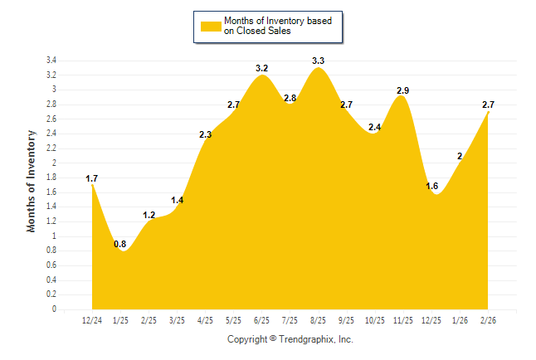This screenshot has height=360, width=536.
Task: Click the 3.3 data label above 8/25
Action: point(318,61)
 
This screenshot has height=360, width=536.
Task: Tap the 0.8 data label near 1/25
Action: point(120,244)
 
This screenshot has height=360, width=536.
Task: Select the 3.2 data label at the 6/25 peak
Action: point(261,68)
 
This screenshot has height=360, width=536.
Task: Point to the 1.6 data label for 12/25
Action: point(431,186)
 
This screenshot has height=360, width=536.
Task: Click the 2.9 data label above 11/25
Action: point(402,89)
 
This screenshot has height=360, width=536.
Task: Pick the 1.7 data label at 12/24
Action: point(92,178)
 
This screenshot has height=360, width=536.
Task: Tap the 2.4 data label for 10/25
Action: point(374,128)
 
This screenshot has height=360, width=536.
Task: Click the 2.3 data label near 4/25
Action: point(206,134)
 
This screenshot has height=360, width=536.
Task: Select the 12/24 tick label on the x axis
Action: point(92,321)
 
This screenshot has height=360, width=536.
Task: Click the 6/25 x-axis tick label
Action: point(261,321)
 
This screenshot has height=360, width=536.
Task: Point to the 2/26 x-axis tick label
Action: point(488,321)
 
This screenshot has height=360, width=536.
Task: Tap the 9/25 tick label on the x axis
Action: point(346,321)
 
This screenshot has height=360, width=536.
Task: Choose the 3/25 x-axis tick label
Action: point(177,321)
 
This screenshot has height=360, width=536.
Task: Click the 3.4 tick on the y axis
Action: point(51,61)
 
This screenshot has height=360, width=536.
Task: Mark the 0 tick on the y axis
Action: point(54,309)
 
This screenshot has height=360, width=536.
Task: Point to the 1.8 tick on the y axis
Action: point(51,178)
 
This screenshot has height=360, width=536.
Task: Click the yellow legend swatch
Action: point(212,27)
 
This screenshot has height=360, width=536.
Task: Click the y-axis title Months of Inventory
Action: point(32,180)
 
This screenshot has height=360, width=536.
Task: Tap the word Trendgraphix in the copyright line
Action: point(308,339)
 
